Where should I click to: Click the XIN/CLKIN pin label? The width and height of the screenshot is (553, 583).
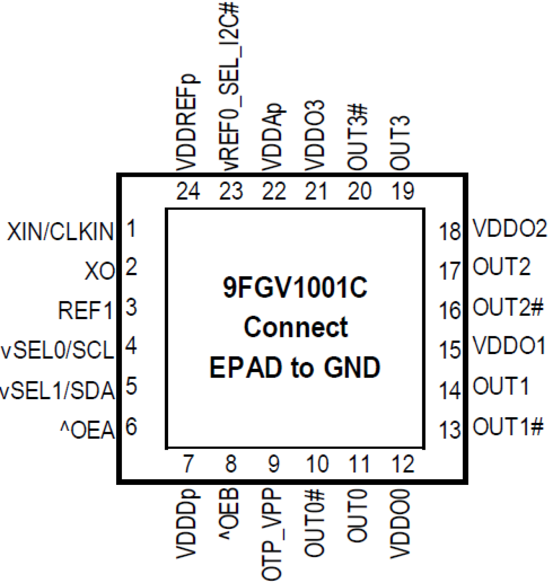click(x=60, y=231)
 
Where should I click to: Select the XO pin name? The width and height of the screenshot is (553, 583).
click(x=100, y=271)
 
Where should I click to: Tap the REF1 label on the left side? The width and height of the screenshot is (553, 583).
click(x=85, y=311)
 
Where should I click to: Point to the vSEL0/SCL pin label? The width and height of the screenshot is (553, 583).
click(x=58, y=350)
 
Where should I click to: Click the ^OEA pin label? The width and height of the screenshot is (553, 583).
click(x=87, y=430)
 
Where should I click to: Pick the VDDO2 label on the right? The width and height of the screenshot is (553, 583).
click(x=509, y=228)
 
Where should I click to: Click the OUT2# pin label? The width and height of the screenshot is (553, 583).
click(x=508, y=307)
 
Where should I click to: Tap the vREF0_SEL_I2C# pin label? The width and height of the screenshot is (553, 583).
click(x=229, y=86)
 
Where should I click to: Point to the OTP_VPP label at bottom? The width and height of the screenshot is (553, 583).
click(x=272, y=534)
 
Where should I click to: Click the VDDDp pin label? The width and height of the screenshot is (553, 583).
click(x=187, y=524)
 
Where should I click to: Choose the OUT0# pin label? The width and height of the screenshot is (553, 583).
click(x=315, y=524)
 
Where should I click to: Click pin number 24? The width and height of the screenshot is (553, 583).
click(x=188, y=191)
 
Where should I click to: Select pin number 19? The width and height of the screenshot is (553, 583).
click(x=402, y=191)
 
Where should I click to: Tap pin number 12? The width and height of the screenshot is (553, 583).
click(x=402, y=464)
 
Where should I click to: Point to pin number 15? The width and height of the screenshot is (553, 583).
click(x=450, y=350)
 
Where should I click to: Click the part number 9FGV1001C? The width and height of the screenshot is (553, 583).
click(x=295, y=288)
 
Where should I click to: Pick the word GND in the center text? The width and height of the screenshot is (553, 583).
click(x=352, y=368)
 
